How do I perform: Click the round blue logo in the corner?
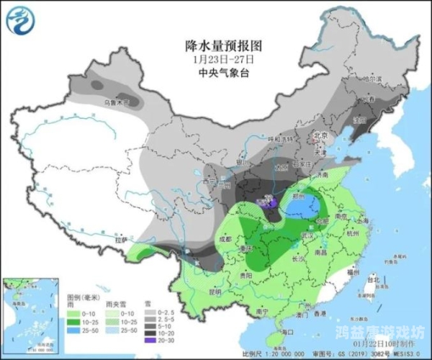[20, 19]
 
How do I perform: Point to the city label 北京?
[320, 135]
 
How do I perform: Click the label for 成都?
[225, 238]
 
